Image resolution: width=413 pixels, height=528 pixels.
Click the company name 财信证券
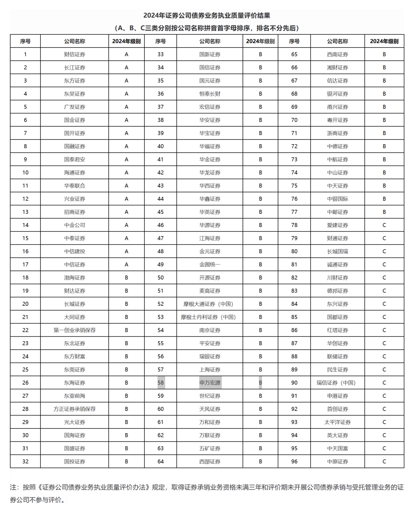(x=75, y=54)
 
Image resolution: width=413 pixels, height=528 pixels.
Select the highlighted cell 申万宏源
(x=210, y=383)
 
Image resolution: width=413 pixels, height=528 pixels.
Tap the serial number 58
(x=161, y=383)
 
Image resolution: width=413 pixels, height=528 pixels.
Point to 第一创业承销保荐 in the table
(x=75, y=330)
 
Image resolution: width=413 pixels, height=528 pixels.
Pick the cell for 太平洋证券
(x=337, y=422)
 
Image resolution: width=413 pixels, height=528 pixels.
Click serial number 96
(x=294, y=461)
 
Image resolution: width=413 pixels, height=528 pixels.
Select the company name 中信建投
(x=75, y=251)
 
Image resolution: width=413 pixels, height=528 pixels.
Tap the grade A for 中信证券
(x=127, y=264)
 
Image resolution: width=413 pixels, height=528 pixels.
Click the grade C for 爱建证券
(x=384, y=225)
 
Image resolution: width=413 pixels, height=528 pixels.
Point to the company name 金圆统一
(x=210, y=264)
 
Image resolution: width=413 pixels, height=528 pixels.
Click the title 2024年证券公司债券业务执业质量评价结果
(x=207, y=16)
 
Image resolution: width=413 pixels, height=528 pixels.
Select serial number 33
(x=161, y=54)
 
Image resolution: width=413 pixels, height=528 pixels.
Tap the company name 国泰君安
(x=75, y=160)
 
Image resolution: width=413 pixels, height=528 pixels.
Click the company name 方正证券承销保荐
(x=75, y=409)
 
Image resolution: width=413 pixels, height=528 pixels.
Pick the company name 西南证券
(x=337, y=54)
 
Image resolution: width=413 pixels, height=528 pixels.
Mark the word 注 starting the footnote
(x=14, y=487)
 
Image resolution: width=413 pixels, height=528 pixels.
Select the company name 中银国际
(x=337, y=199)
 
